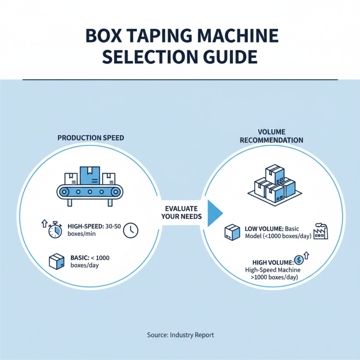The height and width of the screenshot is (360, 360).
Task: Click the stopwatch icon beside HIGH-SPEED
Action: [x=54, y=230]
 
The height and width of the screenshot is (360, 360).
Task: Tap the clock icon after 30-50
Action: [x=130, y=230]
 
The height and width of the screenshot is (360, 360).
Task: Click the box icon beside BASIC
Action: [x=56, y=261]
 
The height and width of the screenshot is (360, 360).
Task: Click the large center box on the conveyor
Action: [x=90, y=176]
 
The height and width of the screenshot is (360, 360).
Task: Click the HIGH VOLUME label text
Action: [x=269, y=262]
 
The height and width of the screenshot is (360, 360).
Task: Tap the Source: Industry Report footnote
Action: [x=180, y=335]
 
